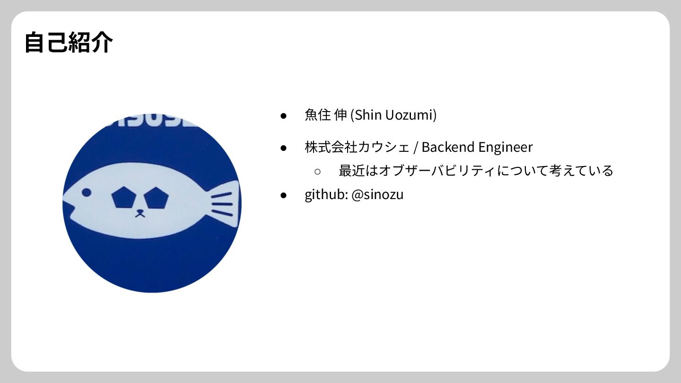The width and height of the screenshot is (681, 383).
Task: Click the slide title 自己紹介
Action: point(69,43)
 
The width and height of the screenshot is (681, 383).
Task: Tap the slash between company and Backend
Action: point(415,148)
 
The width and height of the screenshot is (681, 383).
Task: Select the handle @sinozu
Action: point(377,194)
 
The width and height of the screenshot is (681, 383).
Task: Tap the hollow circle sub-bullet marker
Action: point(318,171)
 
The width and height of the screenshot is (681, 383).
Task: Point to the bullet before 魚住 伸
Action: point(284,115)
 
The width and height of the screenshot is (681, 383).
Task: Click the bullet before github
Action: point(284,195)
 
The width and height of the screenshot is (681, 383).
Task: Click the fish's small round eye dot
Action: point(87,192)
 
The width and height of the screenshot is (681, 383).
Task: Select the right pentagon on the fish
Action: point(156,198)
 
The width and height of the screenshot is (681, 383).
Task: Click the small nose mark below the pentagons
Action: point(140,213)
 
